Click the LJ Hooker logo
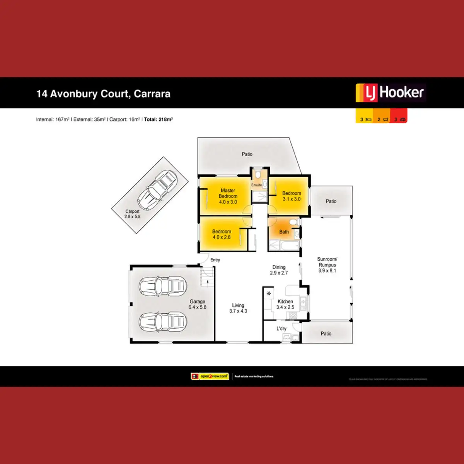(x=390, y=93)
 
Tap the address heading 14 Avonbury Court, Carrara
(x=103, y=94)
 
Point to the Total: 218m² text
(x=158, y=119)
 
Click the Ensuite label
(x=256, y=185)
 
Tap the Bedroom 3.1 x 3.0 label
(x=292, y=196)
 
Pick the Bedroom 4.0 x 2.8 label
(x=222, y=234)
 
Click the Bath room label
(x=284, y=232)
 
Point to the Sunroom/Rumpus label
(x=327, y=265)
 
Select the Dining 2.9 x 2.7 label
(x=279, y=270)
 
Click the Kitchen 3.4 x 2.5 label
(x=285, y=304)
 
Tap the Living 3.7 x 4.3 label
(x=238, y=308)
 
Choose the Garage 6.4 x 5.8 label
(x=197, y=304)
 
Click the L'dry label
(x=281, y=329)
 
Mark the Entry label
(x=215, y=260)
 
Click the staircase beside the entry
(x=207, y=277)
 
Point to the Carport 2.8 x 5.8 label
(x=132, y=214)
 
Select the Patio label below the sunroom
(x=326, y=334)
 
